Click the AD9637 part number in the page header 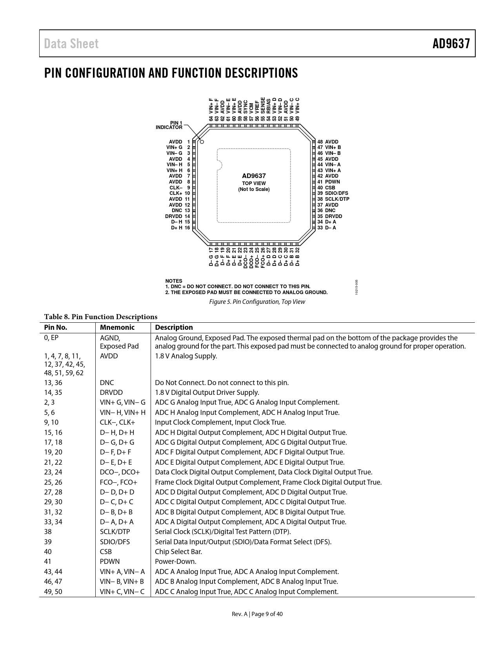[x=451, y=44]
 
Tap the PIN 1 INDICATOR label [x=169, y=125]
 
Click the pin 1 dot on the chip [x=202, y=142]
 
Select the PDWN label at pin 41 [x=333, y=182]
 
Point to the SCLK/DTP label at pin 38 [x=337, y=199]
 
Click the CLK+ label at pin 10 [x=176, y=193]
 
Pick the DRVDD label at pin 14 [x=173, y=216]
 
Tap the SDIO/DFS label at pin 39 [x=336, y=193]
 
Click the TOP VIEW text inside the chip [x=254, y=183]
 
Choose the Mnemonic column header [x=117, y=327]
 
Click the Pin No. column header [x=56, y=327]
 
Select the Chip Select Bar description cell [x=179, y=552]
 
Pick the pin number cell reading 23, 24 [x=53, y=472]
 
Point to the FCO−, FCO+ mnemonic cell [x=118, y=482]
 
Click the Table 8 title [x=101, y=317]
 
